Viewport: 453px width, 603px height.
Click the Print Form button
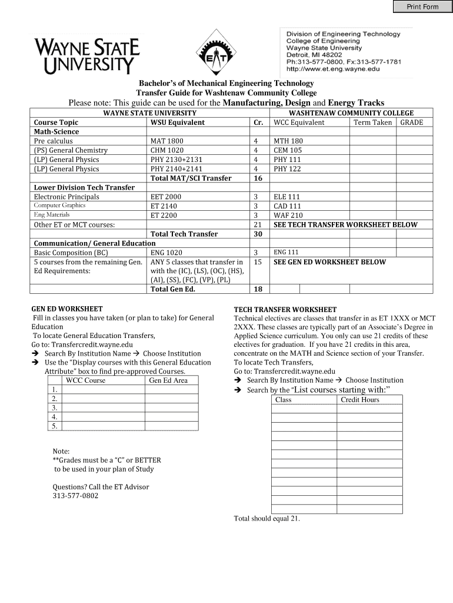point(423,6)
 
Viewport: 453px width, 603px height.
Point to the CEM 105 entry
point(288,150)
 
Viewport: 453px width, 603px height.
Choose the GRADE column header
point(416,122)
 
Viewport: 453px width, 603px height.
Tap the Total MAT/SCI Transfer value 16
point(257,178)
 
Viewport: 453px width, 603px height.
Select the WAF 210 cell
point(288,216)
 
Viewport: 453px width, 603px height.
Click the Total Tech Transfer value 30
point(257,234)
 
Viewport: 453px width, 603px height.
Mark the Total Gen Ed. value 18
point(257,289)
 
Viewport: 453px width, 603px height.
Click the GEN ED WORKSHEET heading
point(66,309)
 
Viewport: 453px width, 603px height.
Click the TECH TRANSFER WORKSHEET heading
point(285,309)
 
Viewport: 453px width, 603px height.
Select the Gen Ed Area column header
point(168,380)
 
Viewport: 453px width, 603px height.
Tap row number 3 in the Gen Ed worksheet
point(54,407)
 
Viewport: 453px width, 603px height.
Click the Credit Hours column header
point(360,400)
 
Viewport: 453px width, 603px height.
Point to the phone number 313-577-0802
point(75,496)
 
